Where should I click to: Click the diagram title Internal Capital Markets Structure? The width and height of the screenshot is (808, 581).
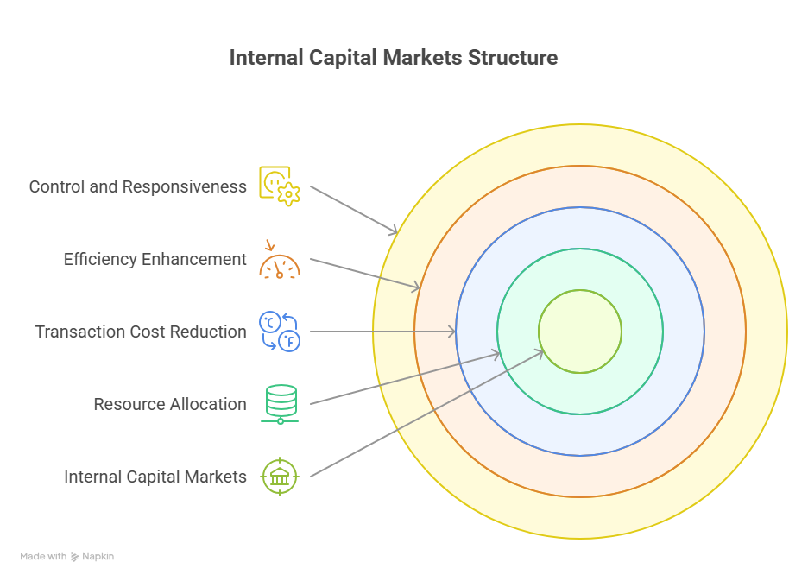[394, 58]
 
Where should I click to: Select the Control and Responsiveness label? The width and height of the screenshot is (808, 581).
[137, 186]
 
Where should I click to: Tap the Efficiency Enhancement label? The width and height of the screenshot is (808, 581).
[155, 259]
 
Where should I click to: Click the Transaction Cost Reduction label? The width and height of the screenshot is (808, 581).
[140, 332]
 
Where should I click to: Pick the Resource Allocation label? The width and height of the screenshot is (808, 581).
[169, 404]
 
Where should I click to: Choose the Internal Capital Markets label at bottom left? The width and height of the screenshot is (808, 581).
[155, 477]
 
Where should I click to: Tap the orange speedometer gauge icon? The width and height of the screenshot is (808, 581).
[280, 260]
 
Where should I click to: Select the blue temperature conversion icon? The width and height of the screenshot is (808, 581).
[280, 332]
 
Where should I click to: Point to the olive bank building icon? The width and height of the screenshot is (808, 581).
[280, 477]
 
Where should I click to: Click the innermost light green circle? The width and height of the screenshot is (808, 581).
[580, 332]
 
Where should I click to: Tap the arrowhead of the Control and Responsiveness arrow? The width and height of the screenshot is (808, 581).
[395, 231]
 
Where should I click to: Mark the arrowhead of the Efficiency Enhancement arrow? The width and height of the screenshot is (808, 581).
[416, 287]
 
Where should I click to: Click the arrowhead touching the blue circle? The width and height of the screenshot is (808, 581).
[452, 332]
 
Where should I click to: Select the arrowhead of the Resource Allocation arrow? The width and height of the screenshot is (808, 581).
[496, 353]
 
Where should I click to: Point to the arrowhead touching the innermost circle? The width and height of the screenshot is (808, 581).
[540, 351]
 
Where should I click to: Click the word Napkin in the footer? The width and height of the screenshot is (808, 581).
[98, 557]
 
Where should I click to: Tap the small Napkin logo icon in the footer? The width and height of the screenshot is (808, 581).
[75, 557]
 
